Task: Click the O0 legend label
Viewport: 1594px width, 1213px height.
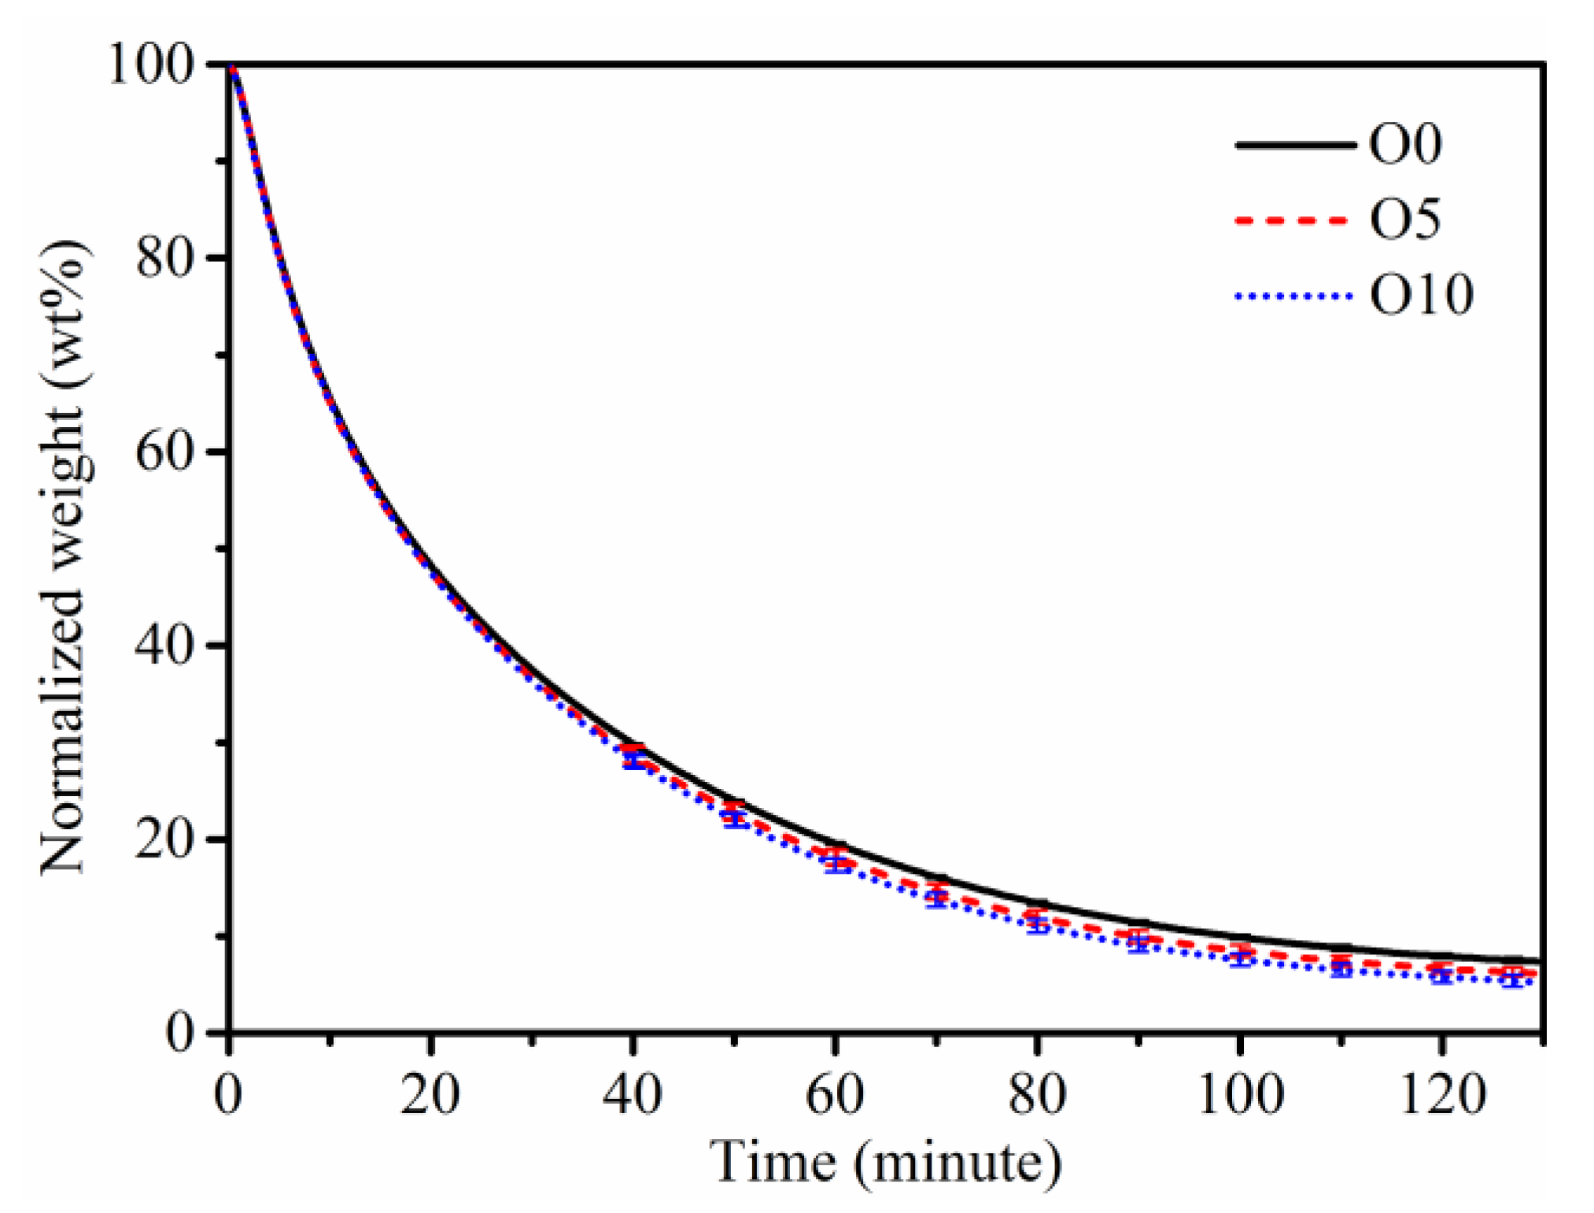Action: (1405, 144)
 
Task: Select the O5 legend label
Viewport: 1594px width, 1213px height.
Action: (1405, 219)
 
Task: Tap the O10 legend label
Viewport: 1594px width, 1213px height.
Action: (1421, 295)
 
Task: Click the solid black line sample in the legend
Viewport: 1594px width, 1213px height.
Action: (1295, 145)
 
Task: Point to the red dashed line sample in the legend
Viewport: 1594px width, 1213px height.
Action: (1295, 220)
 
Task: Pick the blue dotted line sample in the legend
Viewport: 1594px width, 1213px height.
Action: (1295, 297)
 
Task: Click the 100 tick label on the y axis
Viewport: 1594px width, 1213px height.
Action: (150, 65)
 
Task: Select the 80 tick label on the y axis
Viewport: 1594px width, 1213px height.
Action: (164, 258)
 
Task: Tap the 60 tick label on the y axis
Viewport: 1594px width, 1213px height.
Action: (164, 452)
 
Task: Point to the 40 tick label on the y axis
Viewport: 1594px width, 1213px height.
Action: (164, 645)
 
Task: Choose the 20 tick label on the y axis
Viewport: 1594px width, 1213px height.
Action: (164, 839)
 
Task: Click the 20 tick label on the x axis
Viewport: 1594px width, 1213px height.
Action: (430, 1094)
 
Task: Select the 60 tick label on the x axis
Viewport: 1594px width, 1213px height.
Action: (835, 1094)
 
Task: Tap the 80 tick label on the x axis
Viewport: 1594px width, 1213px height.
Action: (1037, 1094)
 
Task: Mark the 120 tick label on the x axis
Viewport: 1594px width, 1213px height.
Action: (1441, 1094)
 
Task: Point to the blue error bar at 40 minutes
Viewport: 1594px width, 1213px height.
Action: (633, 759)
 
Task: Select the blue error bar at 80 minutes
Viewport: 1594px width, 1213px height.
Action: (1038, 925)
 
